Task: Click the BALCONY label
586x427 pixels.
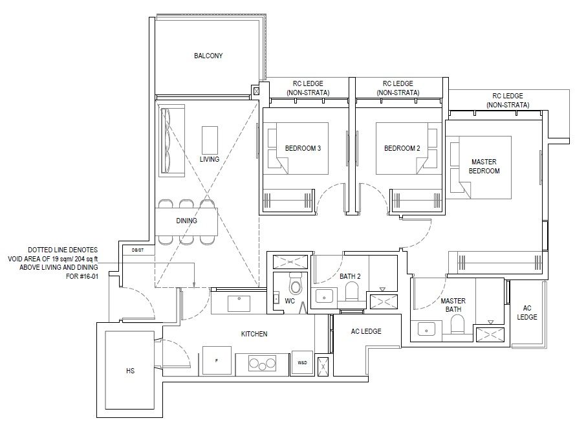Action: [x=208, y=56]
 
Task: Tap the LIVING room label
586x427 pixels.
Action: [x=210, y=159]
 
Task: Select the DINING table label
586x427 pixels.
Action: [x=186, y=221]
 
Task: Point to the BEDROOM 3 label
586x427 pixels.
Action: [x=303, y=148]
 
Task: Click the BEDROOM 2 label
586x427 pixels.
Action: [x=402, y=148]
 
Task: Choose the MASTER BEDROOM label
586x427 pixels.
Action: [x=484, y=166]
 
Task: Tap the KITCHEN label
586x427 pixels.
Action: [x=254, y=334]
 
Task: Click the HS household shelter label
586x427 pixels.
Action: [x=130, y=371]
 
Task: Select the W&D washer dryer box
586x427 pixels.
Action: [x=303, y=362]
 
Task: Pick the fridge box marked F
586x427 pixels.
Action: [x=217, y=360]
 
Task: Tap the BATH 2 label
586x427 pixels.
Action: [x=350, y=277]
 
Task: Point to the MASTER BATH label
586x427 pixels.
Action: [x=453, y=305]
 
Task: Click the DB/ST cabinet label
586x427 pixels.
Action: [x=137, y=250]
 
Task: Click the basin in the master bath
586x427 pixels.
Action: [x=427, y=329]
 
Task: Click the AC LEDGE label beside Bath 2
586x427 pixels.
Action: [x=366, y=331]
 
